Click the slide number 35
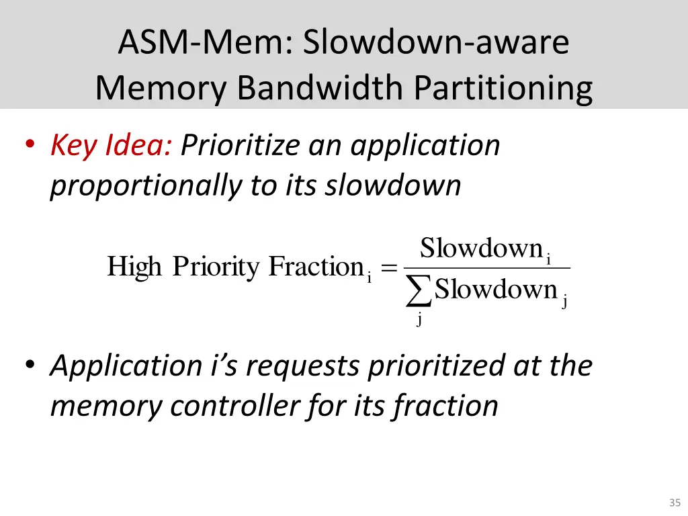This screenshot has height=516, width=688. (675, 502)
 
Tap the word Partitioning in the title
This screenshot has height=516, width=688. (503, 87)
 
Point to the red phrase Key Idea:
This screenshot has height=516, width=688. (111, 145)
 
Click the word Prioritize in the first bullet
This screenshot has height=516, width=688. (242, 145)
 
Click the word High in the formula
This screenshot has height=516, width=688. (134, 267)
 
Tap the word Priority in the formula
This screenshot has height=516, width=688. (216, 267)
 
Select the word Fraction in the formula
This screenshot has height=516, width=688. (316, 267)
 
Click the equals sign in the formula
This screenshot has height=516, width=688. (388, 268)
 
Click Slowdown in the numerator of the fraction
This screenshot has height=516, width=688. (481, 249)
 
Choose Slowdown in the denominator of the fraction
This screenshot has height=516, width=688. (496, 290)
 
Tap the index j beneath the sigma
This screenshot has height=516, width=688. (419, 319)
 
